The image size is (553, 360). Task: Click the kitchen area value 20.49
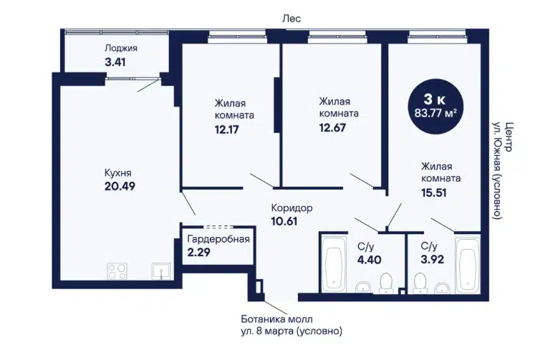(120, 186)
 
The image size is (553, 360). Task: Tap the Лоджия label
(121, 48)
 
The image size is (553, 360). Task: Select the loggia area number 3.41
(115, 62)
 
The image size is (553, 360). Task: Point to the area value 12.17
(227, 130)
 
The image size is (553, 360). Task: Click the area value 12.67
(332, 127)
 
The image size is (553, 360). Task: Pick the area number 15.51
(434, 193)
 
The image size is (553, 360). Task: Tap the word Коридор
(292, 208)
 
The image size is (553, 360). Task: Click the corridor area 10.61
(284, 221)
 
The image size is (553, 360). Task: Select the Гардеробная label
(218, 239)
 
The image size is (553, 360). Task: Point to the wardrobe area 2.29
(198, 252)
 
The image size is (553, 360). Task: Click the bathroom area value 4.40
(369, 260)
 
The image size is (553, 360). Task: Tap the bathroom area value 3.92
(433, 259)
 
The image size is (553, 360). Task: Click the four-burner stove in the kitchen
(117, 271)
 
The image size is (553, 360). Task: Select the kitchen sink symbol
(161, 271)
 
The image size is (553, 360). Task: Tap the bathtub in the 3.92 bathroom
(467, 266)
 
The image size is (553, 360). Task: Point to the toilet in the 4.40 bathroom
(386, 283)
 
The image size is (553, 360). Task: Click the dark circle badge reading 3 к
(435, 107)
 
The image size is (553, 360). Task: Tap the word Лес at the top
(292, 19)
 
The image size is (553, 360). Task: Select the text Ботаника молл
(276, 319)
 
